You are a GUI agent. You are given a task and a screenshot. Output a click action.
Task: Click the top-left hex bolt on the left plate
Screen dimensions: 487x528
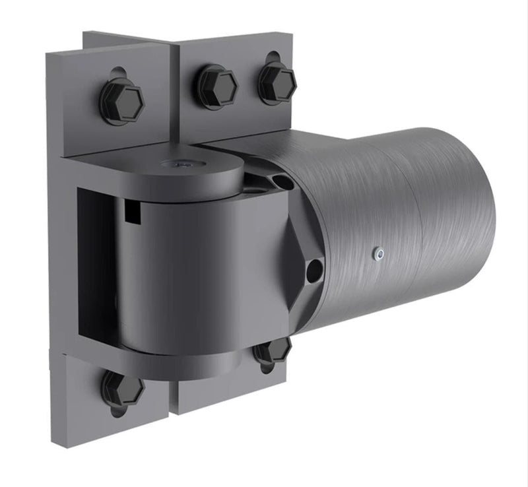tap(122, 101)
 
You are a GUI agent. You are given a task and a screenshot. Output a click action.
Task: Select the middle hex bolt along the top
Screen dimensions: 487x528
tap(216, 86)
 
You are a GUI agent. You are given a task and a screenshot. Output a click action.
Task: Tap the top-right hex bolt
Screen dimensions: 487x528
tap(277, 82)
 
